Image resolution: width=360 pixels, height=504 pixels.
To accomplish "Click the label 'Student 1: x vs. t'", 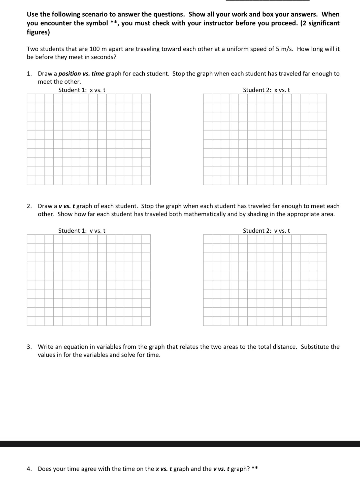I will pyautogui.click(x=82, y=90).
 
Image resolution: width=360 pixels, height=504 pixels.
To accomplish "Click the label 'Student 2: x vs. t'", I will pyautogui.click(x=266, y=90).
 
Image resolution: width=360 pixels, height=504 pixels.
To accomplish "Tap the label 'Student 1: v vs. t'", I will pyautogui.click(x=82, y=231).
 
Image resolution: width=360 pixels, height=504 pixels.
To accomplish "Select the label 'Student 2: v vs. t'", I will pyautogui.click(x=266, y=231).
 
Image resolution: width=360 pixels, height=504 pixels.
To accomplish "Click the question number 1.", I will pyautogui.click(x=29, y=74).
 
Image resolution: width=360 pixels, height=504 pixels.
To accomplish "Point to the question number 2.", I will pyautogui.click(x=29, y=206).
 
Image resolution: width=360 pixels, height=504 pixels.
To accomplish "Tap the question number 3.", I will pyautogui.click(x=29, y=347).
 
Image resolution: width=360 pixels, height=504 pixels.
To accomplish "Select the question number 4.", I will pyautogui.click(x=29, y=469).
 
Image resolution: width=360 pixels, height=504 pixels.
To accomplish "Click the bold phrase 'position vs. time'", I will pyautogui.click(x=81, y=74).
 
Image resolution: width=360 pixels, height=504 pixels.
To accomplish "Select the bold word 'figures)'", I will pyautogui.click(x=38, y=32).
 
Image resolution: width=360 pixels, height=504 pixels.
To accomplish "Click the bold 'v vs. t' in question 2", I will pyautogui.click(x=67, y=206).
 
